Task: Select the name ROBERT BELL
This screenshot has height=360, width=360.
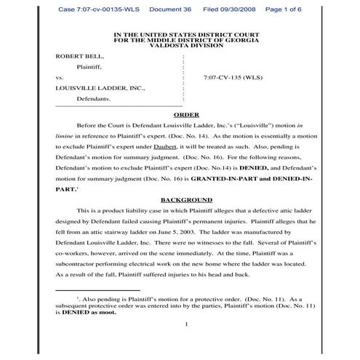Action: (x=79, y=55)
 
